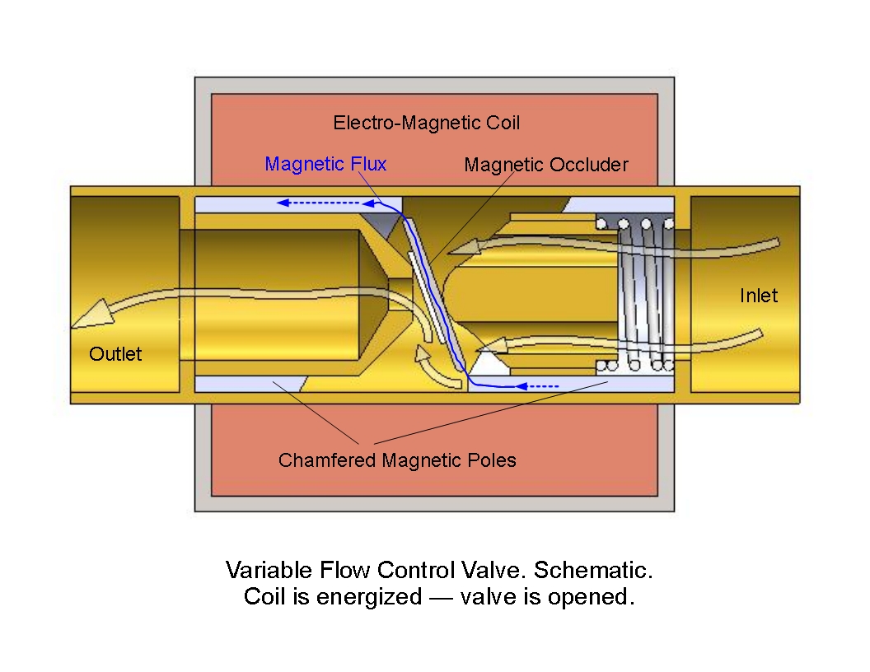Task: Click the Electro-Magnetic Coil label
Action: click(426, 124)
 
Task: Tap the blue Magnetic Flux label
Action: click(325, 164)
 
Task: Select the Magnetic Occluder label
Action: click(545, 165)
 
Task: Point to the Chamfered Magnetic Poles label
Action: click(397, 460)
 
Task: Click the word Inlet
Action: click(758, 296)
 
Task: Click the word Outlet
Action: click(115, 354)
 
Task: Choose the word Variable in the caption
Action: click(262, 570)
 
